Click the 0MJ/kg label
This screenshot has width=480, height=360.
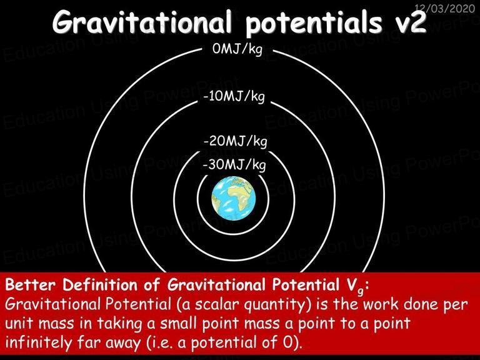(x=237, y=49)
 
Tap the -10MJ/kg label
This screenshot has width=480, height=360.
(x=234, y=96)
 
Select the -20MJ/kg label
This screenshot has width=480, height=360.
(x=235, y=141)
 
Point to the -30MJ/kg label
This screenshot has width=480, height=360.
(x=234, y=165)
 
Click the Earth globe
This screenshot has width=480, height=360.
(x=234, y=198)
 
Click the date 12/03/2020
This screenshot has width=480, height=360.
(x=444, y=8)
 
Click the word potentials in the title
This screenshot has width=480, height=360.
(x=314, y=23)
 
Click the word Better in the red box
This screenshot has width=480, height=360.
(x=30, y=285)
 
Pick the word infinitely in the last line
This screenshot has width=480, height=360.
(x=38, y=343)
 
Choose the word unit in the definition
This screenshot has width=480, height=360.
(x=20, y=324)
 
